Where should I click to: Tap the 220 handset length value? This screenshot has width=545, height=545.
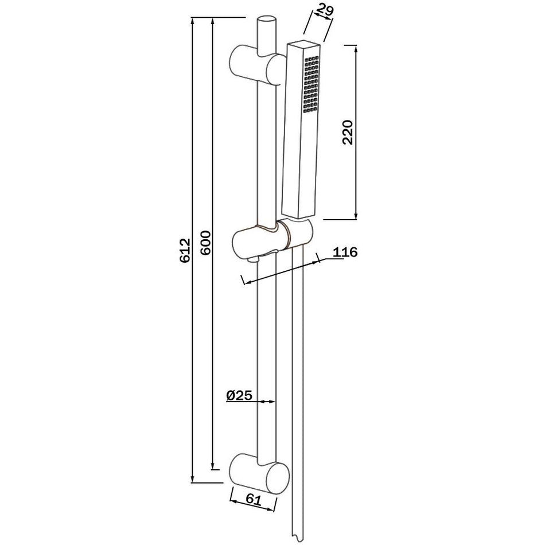pyautogui.click(x=349, y=133)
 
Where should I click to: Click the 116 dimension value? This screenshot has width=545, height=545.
pyautogui.click(x=344, y=252)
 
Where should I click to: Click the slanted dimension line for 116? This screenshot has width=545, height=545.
pyautogui.click(x=281, y=271)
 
